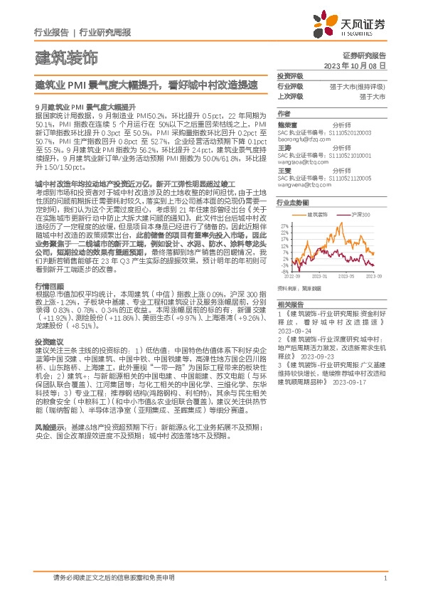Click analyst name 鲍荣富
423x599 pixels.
[x=287, y=124]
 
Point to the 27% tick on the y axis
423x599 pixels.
[x=284, y=226]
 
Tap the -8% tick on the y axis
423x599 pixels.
[x=284, y=271]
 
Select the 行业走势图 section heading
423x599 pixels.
[x=291, y=203]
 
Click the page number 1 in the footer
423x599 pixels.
[x=385, y=578]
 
